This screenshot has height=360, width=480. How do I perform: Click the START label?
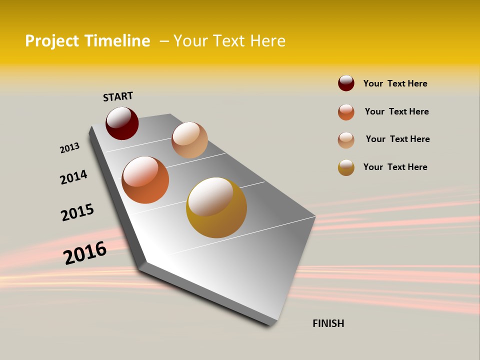coord(118,96)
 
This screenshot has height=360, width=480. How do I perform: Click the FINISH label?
coord(328,323)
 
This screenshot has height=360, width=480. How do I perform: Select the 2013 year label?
coord(69,148)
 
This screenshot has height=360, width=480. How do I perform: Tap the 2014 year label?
coord(73,177)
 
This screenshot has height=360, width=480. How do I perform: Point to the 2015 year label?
coord(77,212)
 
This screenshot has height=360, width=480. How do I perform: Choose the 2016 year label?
coord(85,252)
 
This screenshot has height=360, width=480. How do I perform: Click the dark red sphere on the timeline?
coord(122,123)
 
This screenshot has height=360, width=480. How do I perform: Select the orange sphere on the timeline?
coord(145,180)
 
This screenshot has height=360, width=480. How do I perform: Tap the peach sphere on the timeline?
coord(189,140)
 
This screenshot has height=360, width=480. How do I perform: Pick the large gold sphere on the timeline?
coord(216,207)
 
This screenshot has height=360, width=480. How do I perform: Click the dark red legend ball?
coord(346,83)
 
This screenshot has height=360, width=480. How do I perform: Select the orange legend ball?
coord(346,112)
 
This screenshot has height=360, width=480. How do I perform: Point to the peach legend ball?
coord(346,140)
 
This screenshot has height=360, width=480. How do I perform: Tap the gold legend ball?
coord(346,167)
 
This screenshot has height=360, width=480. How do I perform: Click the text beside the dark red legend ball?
coord(395,83)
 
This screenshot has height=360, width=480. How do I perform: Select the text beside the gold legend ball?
coord(395,167)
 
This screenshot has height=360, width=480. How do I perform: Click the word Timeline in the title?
coord(117,41)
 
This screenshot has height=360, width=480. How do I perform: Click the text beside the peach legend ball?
coord(397,139)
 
